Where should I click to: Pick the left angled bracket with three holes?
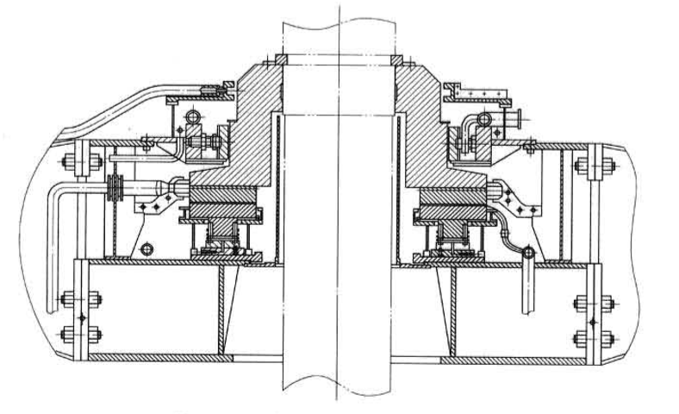pos(156,205)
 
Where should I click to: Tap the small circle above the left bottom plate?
pos(146,249)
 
